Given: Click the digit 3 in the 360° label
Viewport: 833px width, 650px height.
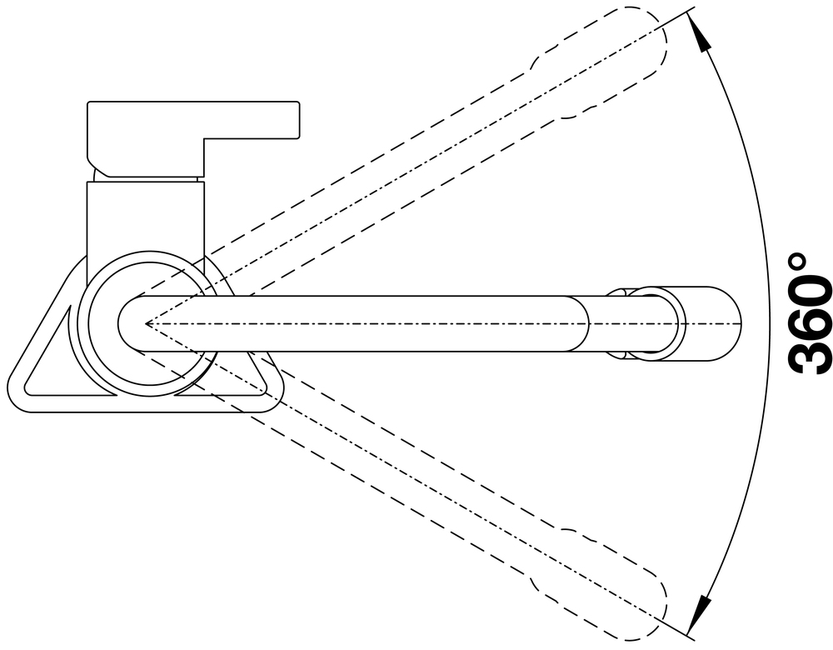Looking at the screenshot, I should tap(809, 351).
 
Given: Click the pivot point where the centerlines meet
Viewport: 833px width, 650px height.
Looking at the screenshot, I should tap(146, 322).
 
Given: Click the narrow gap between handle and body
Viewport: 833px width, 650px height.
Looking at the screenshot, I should tap(146, 177).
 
